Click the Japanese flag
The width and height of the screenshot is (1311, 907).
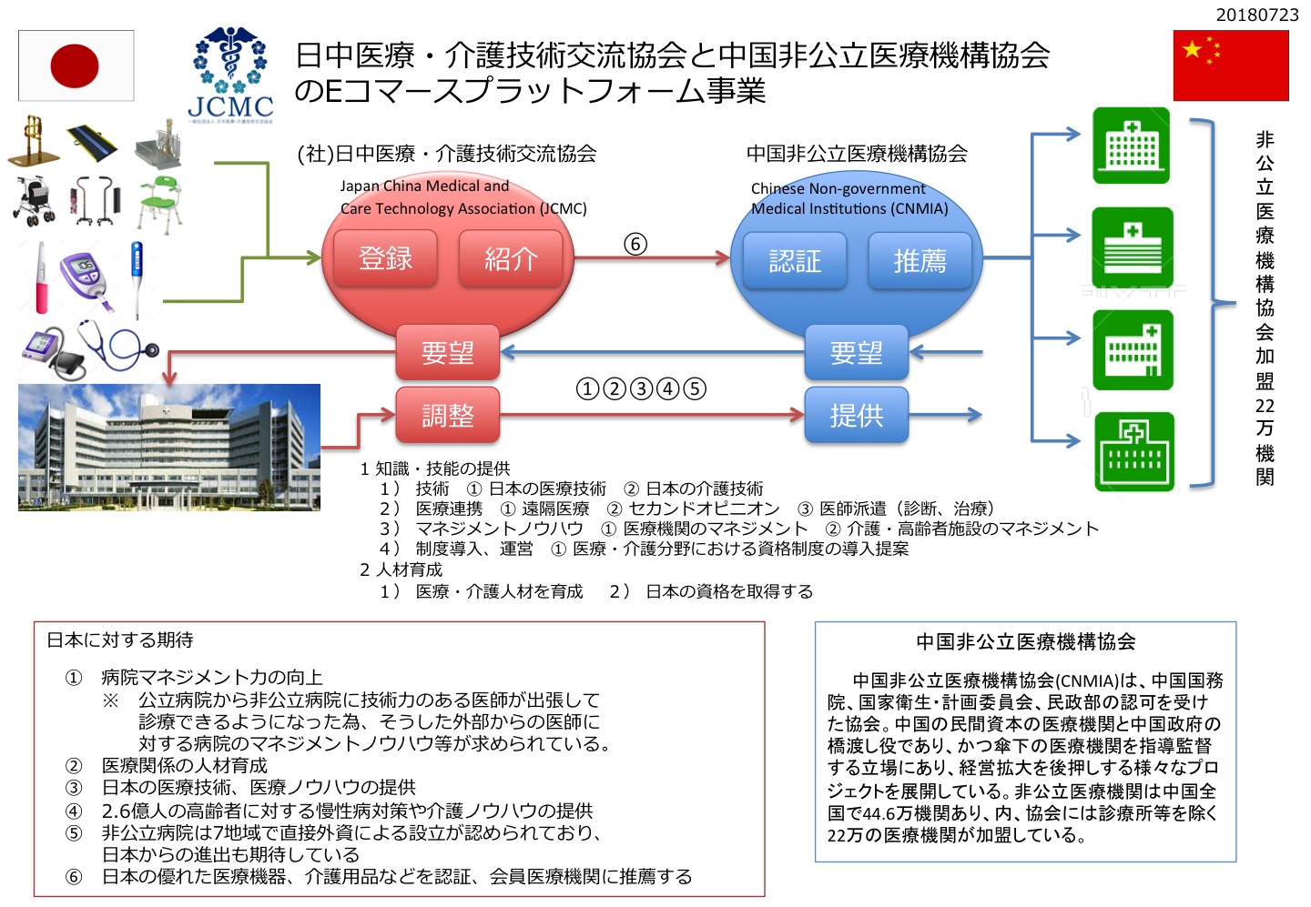(x=76, y=66)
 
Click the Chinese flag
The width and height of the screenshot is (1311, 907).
(x=1231, y=66)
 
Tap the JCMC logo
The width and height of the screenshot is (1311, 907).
(x=230, y=75)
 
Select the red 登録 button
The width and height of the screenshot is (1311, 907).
(x=385, y=259)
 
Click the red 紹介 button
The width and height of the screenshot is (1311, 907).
(x=511, y=259)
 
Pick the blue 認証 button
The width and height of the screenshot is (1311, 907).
(x=795, y=261)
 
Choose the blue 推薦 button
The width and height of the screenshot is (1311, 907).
(x=920, y=261)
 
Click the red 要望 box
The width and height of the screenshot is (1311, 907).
(x=447, y=352)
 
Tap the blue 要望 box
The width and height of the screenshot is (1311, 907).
(x=856, y=352)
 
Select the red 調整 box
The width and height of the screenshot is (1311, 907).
(x=447, y=415)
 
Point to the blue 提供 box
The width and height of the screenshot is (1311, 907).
(x=856, y=415)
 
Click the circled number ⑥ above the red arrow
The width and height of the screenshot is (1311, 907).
(x=635, y=244)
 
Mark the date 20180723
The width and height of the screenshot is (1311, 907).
(x=1257, y=15)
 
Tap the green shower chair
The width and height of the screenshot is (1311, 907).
(x=161, y=202)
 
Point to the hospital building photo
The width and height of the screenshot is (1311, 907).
(x=169, y=447)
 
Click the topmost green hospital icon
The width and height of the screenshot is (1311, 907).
(x=1131, y=146)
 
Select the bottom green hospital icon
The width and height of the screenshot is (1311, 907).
(x=1133, y=452)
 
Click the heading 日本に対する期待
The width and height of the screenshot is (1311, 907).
(x=120, y=640)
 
